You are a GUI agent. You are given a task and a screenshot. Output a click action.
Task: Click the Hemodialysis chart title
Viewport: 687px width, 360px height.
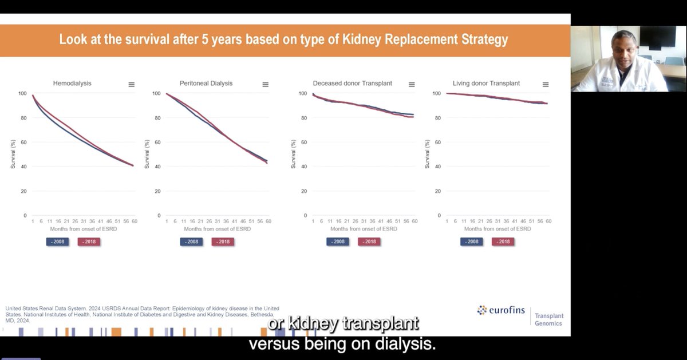(x=72, y=84)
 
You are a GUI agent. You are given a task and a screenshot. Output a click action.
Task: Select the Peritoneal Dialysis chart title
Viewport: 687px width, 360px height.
(x=206, y=84)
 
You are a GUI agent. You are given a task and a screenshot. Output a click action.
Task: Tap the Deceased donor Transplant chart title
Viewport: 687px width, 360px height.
(x=352, y=84)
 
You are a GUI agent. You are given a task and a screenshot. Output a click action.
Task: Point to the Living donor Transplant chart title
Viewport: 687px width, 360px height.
(x=486, y=84)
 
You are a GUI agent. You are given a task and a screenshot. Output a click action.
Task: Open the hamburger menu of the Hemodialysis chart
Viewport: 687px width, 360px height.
(x=132, y=84)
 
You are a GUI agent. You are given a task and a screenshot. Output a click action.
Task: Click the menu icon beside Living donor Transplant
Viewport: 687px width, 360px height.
(x=545, y=84)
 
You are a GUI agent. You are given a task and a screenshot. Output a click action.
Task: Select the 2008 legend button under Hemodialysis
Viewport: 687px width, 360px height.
(x=57, y=242)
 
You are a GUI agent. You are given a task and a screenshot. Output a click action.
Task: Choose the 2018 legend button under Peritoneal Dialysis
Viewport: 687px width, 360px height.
(x=223, y=242)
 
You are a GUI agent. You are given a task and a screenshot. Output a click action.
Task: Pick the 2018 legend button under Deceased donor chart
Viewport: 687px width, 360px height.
(x=369, y=242)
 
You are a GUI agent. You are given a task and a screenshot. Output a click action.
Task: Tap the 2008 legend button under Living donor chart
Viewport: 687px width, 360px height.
(x=472, y=242)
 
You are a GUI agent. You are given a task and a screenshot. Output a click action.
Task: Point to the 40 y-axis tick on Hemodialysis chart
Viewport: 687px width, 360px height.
(x=22, y=167)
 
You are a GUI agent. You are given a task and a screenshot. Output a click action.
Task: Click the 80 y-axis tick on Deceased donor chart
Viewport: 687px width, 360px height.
(x=303, y=118)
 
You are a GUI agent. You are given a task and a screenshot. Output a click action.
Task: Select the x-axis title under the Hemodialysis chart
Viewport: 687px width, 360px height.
(x=84, y=229)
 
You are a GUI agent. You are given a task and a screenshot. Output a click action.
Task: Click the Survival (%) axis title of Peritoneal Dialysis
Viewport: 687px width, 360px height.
(x=147, y=155)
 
